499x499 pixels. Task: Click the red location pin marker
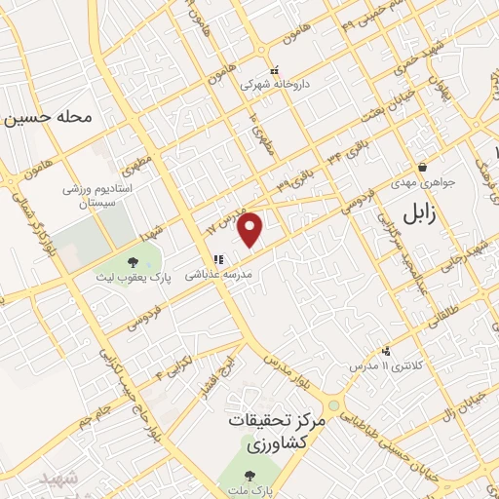click(251, 229)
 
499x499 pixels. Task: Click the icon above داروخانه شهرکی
click(274, 70)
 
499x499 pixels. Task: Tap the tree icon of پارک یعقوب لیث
click(133, 261)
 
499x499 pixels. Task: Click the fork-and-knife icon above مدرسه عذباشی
click(218, 259)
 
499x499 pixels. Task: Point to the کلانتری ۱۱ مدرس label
click(386, 365)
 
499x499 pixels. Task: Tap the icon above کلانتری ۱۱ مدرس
click(387, 351)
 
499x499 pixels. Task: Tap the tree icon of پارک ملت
click(251, 477)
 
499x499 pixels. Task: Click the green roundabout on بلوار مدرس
click(334, 404)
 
